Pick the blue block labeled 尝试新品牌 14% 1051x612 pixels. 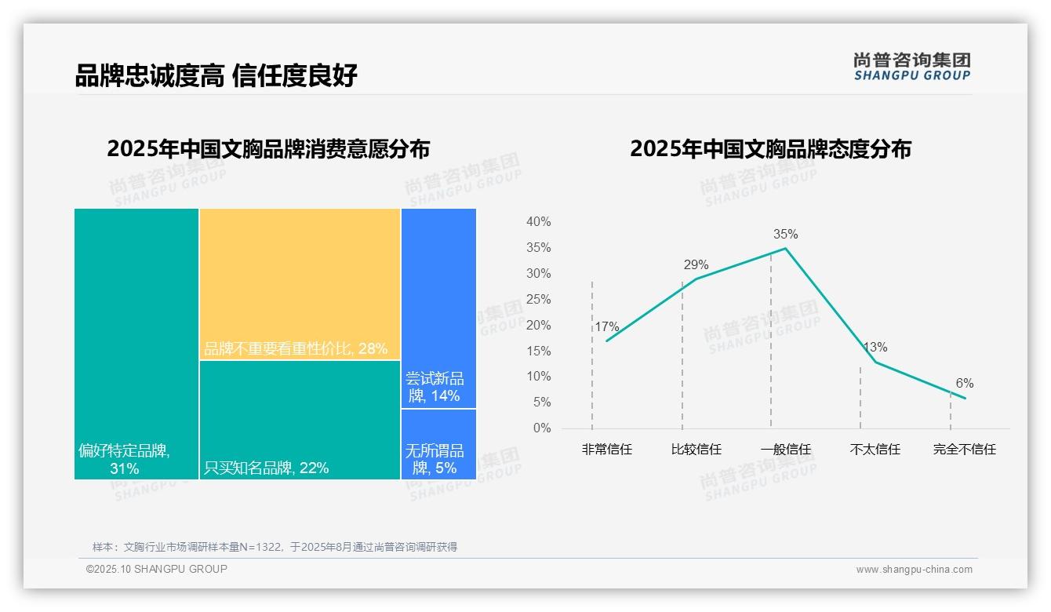click(438, 308)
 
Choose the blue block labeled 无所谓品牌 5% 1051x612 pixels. click(438, 444)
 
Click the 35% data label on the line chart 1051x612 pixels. click(785, 234)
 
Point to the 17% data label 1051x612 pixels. click(606, 326)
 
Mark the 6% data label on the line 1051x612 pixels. click(964, 383)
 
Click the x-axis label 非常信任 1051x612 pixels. click(606, 450)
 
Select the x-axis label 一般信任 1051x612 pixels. click(785, 450)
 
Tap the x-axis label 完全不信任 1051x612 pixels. click(964, 450)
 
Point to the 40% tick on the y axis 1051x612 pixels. click(538, 222)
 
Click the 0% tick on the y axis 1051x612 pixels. click(542, 428)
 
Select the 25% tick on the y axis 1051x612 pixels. click(538, 300)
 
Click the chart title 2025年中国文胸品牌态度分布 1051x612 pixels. click(770, 149)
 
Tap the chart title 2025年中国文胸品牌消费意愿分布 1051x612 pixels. click(268, 149)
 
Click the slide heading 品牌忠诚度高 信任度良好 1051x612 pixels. click(216, 75)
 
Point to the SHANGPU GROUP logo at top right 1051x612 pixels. click(911, 67)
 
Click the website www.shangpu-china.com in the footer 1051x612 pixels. click(914, 570)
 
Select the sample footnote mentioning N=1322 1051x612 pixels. click(275, 547)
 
